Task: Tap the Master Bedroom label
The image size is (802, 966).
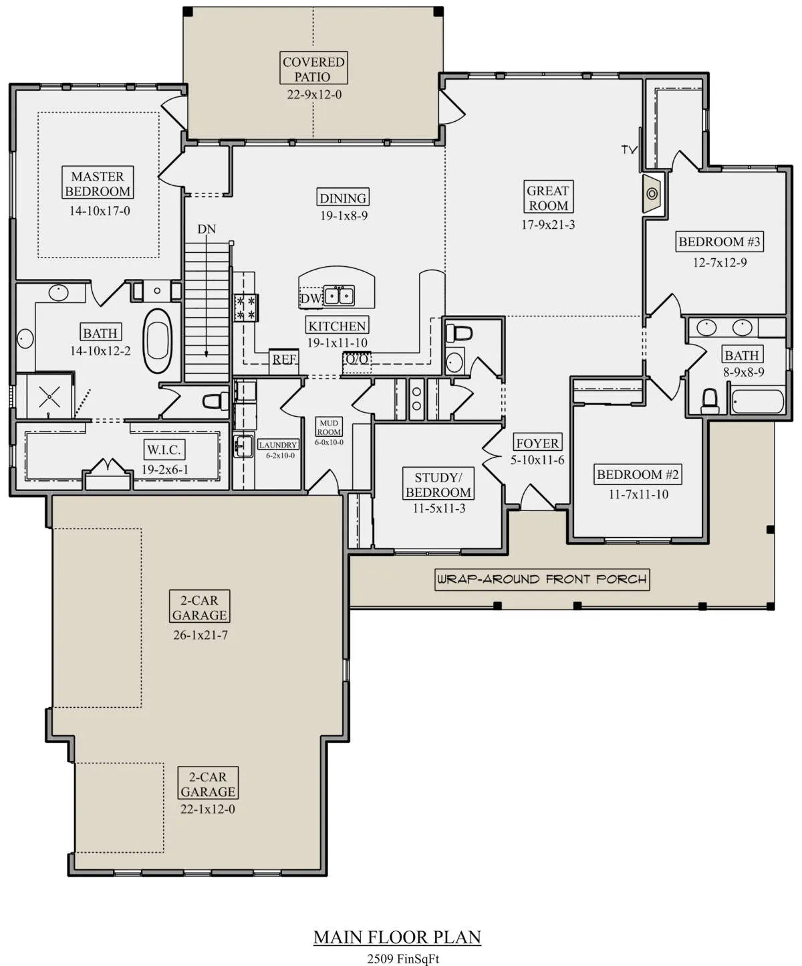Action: [x=98, y=183]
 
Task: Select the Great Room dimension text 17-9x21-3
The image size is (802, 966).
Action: [x=548, y=225]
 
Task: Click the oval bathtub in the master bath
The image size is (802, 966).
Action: [x=157, y=341]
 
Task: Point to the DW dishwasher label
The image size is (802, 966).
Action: [x=311, y=299]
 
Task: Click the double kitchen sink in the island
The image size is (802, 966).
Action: [x=339, y=296]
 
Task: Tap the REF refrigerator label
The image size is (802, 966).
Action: [x=284, y=359]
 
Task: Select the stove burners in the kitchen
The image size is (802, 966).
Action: [x=245, y=308]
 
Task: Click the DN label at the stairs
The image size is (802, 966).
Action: [x=207, y=229]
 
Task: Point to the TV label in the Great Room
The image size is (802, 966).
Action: [x=629, y=149]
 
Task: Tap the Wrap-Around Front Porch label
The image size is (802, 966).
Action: [x=542, y=580]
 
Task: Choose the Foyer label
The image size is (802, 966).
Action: [x=537, y=444]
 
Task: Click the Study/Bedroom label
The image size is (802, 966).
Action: [x=438, y=485]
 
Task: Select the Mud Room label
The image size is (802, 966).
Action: [x=329, y=427]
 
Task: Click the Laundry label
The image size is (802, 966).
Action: [x=278, y=445]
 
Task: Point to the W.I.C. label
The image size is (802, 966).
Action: [x=164, y=450]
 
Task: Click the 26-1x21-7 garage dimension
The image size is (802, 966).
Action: [x=200, y=636]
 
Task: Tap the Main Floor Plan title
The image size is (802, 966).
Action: [x=398, y=937]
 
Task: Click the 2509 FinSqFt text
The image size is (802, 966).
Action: [x=403, y=958]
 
